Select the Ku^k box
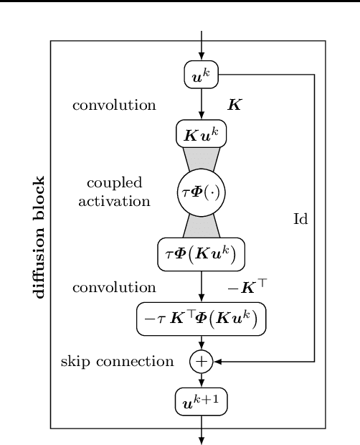tap(201, 134)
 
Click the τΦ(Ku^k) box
tap(201, 252)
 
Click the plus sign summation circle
tap(201, 362)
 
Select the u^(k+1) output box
tap(201, 401)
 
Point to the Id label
tap(300, 220)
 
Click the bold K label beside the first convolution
tap(234, 105)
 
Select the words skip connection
tap(118, 362)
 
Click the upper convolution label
tap(114, 105)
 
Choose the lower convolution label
tap(114, 288)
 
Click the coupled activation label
tap(118, 192)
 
